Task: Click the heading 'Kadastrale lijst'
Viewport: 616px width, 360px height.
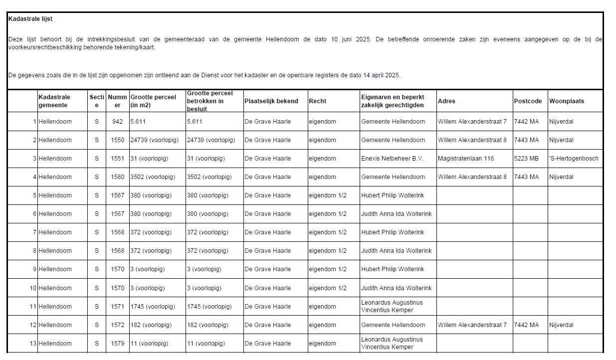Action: click(x=30, y=19)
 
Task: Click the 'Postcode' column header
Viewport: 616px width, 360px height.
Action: click(x=527, y=101)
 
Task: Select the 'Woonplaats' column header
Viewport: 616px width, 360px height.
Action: click(x=567, y=101)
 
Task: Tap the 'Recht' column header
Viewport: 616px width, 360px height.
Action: click(x=317, y=101)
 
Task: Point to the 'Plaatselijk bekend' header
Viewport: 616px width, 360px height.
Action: click(x=271, y=101)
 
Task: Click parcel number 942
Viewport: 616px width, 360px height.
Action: click(x=117, y=122)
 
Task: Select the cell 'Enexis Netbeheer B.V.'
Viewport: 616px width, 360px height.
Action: click(x=392, y=159)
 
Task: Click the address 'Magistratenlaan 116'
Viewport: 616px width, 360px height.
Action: click(x=466, y=159)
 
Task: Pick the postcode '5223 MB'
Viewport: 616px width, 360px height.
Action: click(x=526, y=159)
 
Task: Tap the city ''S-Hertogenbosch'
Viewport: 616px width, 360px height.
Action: click(x=574, y=159)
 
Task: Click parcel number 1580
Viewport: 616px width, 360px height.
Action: click(x=117, y=177)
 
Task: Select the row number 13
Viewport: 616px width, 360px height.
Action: click(x=33, y=344)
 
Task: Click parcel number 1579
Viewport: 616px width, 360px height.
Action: click(x=117, y=344)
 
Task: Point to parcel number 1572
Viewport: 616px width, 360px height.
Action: click(x=117, y=325)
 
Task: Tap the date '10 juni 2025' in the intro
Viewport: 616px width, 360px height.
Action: click(x=351, y=39)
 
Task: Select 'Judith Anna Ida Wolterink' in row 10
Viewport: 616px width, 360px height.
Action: click(x=397, y=288)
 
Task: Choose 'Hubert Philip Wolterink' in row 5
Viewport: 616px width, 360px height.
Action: click(x=393, y=195)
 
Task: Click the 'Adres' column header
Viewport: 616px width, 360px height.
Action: click(x=446, y=101)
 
